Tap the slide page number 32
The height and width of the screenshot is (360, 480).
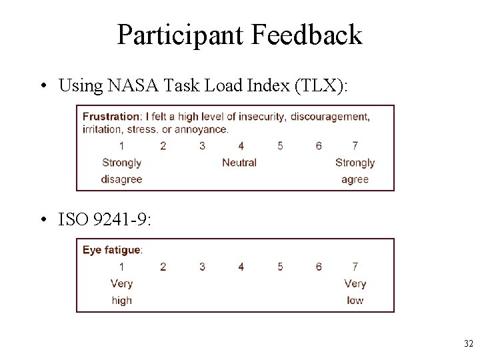pos(467,344)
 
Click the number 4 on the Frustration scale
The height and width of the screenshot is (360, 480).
pos(241,146)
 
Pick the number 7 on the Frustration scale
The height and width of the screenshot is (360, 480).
pos(355,146)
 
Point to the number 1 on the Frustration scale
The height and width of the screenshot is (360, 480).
pos(121,146)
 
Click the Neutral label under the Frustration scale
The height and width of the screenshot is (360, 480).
pos(239,163)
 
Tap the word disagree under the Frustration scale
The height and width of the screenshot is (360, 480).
pos(121,179)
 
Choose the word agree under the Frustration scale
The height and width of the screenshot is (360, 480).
pos(355,179)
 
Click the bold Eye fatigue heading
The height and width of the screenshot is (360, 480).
pos(112,250)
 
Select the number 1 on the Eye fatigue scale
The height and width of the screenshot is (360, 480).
pos(121,267)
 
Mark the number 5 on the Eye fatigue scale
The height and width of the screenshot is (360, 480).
pos(280,267)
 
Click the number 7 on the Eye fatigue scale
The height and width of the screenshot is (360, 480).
pos(355,267)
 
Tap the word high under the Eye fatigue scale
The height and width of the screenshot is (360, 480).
pos(121,300)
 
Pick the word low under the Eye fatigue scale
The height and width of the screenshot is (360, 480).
pos(355,300)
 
